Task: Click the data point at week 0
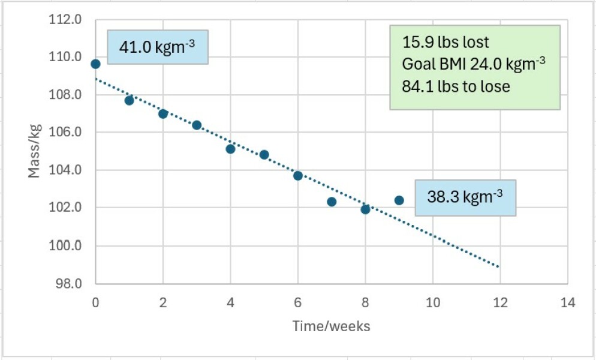95,64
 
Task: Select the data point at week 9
399,200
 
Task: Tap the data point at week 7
332,202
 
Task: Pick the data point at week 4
230,149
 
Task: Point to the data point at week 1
129,100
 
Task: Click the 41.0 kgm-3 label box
157,47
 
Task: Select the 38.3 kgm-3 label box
465,197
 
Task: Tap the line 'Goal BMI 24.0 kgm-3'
474,64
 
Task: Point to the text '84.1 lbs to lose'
456,86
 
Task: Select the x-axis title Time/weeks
331,326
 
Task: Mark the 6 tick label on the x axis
298,302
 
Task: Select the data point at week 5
264,155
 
